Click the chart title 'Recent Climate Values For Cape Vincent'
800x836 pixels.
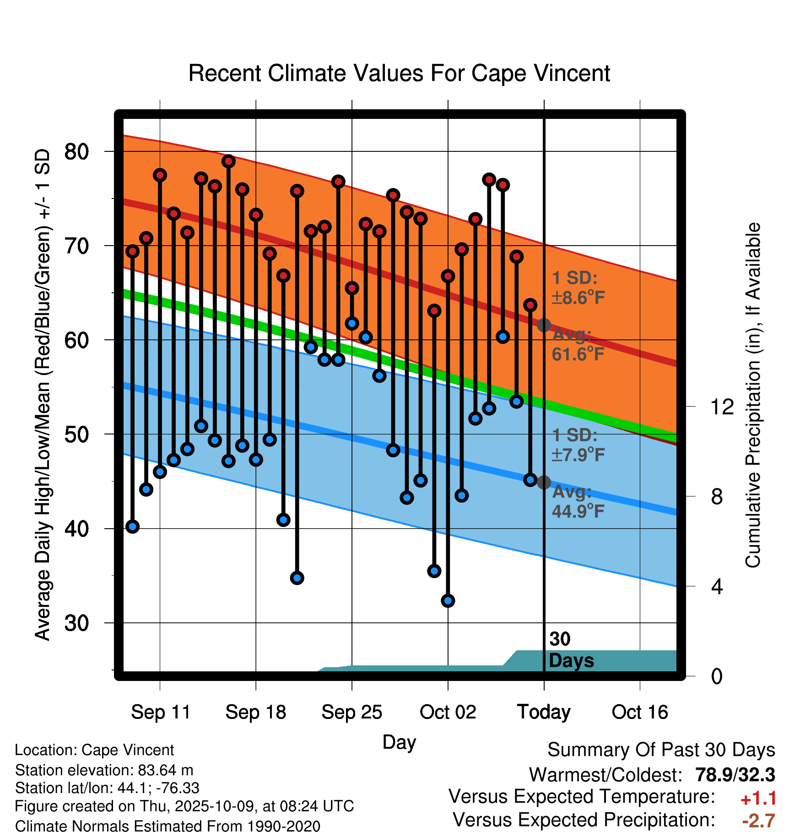[399, 73]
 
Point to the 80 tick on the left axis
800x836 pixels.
[76, 151]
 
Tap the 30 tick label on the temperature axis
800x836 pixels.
[76, 623]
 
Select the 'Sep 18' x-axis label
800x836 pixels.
[255, 712]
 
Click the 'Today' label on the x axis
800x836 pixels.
[544, 712]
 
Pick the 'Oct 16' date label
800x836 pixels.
[640, 712]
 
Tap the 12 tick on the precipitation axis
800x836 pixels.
[722, 407]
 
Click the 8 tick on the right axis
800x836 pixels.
[717, 496]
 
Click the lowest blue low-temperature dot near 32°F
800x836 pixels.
[448, 600]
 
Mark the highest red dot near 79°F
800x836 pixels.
[228, 161]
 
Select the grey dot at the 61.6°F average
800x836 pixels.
[544, 325]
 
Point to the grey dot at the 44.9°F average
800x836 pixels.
[544, 482]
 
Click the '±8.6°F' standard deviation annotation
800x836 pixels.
[578, 298]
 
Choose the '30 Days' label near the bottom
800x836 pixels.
[571, 650]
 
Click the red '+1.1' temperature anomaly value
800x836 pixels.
[758, 798]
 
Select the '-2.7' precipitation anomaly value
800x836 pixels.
[758, 821]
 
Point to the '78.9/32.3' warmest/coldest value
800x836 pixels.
[735, 775]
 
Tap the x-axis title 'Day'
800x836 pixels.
[399, 742]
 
